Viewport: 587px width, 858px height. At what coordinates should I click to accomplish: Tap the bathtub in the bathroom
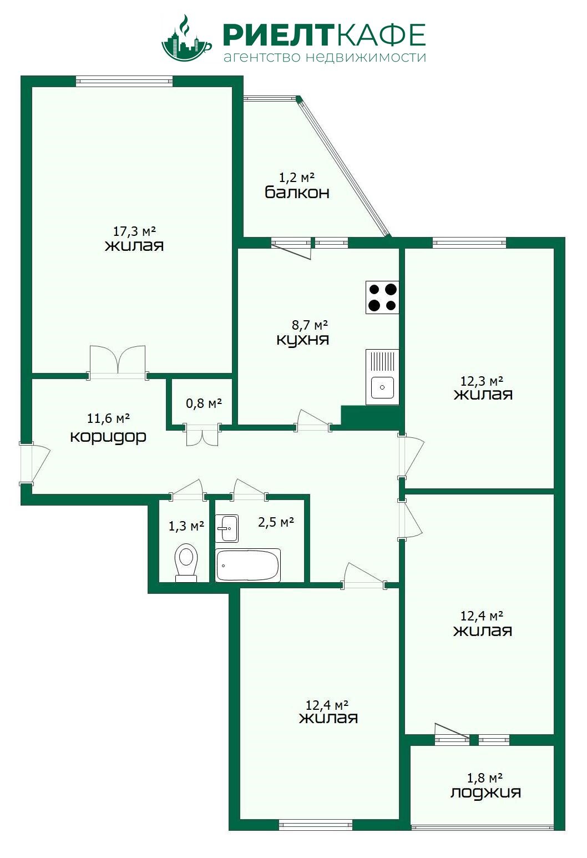(248, 565)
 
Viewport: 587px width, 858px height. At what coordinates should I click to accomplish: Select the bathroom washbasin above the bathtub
(227, 528)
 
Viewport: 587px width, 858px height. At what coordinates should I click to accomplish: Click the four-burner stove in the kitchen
(382, 297)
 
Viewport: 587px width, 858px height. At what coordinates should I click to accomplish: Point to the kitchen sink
(382, 377)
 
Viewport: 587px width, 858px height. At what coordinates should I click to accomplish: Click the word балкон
(297, 192)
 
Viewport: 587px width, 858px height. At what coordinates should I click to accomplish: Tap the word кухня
(302, 340)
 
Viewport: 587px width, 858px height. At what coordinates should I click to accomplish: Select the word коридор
(108, 437)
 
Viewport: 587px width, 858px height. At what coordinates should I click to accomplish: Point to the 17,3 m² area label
(134, 231)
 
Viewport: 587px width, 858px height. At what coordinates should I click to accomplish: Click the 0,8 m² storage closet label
(204, 403)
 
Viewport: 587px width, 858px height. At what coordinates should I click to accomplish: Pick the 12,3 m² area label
(482, 381)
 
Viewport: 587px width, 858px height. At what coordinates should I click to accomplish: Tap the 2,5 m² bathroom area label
(276, 522)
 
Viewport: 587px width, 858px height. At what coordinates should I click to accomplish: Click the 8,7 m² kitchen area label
(310, 325)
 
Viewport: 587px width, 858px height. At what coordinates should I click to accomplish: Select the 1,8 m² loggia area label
(485, 778)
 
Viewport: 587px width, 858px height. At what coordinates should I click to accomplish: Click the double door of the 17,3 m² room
(118, 362)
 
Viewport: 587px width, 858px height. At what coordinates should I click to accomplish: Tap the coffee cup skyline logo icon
(186, 38)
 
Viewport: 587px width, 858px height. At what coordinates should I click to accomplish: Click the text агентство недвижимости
(325, 57)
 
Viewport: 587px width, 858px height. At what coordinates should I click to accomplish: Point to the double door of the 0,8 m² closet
(202, 435)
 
